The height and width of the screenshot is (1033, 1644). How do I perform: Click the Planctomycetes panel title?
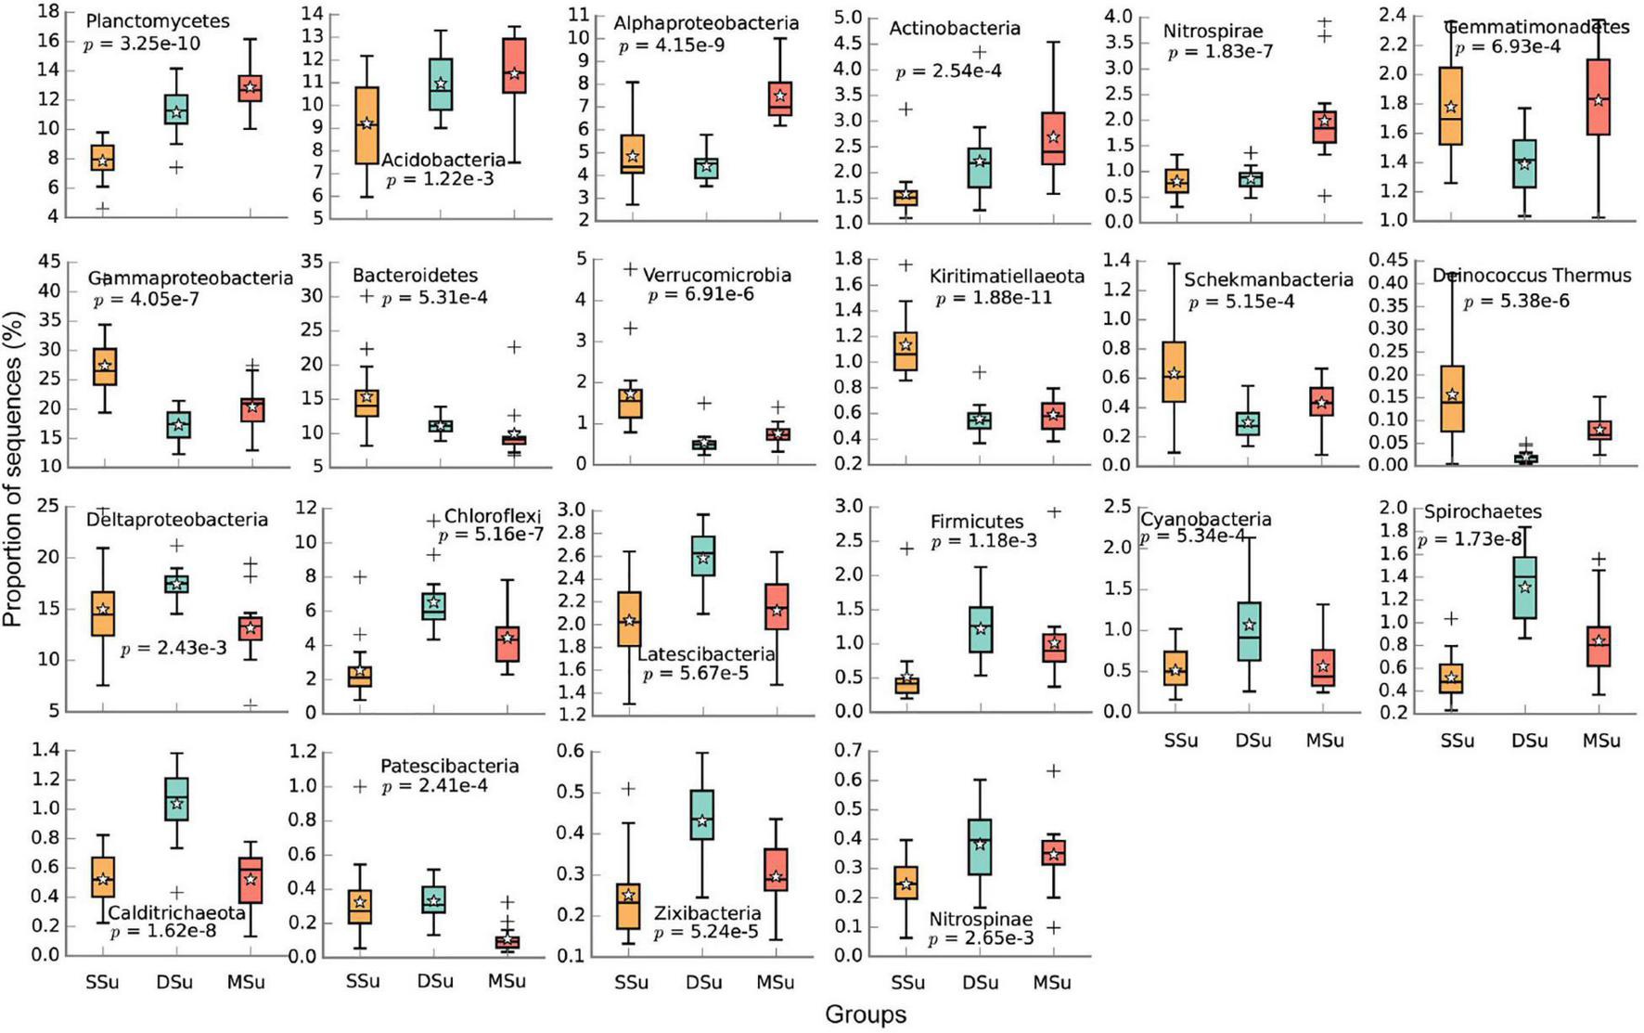tap(157, 20)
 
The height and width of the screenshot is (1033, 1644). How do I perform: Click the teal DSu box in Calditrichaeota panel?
tap(176, 799)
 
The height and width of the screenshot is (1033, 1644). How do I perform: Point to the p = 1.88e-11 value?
tap(994, 298)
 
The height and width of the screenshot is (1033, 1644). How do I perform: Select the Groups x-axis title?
tap(865, 1014)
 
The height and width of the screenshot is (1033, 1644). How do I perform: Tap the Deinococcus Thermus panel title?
tap(1531, 276)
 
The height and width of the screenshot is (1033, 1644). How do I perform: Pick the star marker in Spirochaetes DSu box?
tap(1524, 587)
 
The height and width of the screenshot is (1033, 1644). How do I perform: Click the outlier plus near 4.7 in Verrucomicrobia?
tap(631, 270)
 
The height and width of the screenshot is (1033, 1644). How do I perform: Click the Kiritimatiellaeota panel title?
tap(1007, 277)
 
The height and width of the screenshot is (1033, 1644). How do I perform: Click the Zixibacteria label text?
tap(707, 913)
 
